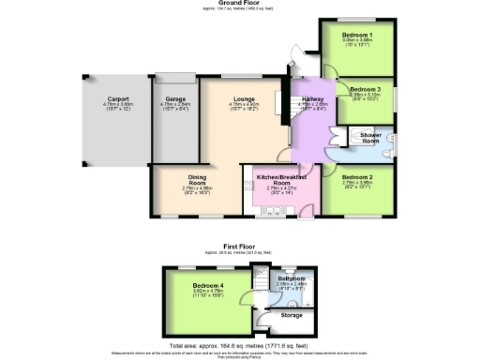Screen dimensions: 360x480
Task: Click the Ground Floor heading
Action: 239,3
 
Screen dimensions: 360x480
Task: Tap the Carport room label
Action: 118,97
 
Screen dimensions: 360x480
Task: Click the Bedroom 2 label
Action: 359,176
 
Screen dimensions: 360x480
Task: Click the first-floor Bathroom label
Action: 291,278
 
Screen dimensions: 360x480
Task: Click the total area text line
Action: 240,346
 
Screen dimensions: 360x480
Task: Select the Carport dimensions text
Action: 118,103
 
